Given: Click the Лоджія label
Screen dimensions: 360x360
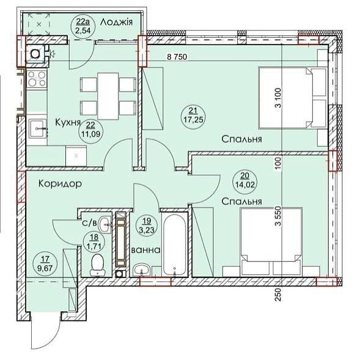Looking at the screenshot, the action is (116, 23).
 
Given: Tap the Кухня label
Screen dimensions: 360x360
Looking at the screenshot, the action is (68, 123).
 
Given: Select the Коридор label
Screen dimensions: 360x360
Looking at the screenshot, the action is (60, 184).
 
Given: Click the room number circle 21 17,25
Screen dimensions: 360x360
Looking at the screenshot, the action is (193, 116).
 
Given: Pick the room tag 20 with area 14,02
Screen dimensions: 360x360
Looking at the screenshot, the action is (244, 180).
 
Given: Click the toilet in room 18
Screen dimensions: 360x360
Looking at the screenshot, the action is (98, 265).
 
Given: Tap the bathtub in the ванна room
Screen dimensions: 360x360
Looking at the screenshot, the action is (174, 245).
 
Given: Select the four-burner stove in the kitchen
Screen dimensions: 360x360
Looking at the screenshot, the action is (37, 79).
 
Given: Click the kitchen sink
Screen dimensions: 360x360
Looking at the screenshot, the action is (37, 128).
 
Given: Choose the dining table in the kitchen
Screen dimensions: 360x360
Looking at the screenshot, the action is (108, 96).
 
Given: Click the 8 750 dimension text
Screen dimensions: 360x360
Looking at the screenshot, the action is (177, 57).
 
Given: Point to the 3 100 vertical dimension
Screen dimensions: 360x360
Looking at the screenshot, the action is (279, 98).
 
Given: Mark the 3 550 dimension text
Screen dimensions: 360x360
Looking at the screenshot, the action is (279, 216).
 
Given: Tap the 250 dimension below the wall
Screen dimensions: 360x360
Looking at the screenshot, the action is (278, 295).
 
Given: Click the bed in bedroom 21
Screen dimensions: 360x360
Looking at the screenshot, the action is (285, 98).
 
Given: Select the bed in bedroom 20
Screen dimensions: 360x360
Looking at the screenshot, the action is (271, 235).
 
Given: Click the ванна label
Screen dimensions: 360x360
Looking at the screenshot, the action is (145, 250).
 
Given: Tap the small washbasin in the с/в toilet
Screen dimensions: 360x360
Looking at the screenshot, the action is (105, 225).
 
